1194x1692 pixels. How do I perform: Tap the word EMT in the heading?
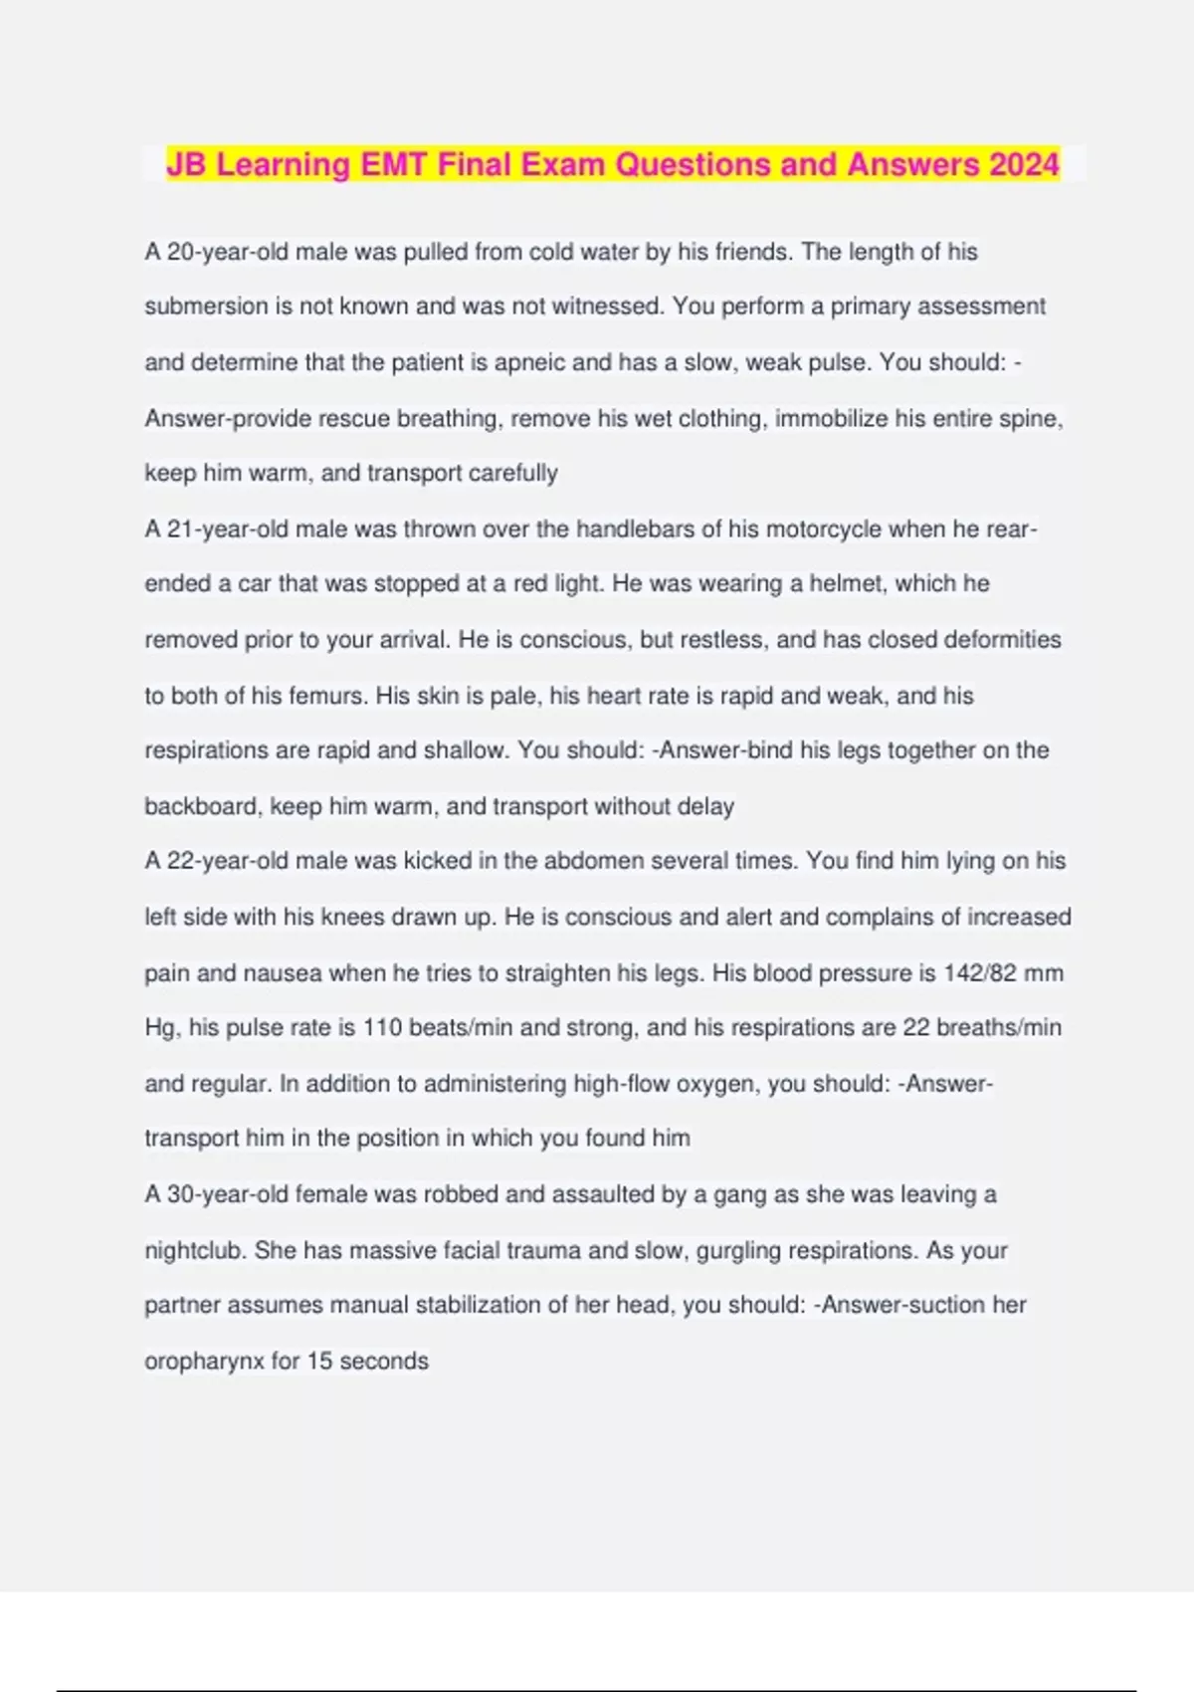(394, 163)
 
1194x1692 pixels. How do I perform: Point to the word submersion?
(206, 307)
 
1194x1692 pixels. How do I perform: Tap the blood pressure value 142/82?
(979, 972)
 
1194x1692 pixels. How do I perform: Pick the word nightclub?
(195, 1250)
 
